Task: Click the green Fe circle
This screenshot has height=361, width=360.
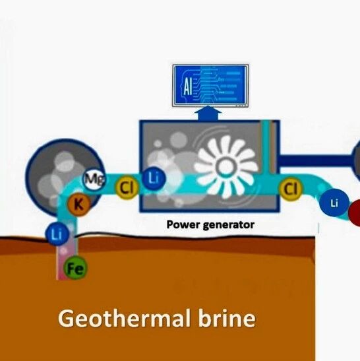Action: coord(75,268)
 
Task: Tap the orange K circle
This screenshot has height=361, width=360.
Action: coord(78,204)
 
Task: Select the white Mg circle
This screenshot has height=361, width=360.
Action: coord(94,178)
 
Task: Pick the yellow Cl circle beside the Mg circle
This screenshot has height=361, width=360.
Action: coord(127,187)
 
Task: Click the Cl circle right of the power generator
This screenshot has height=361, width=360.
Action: coord(291,189)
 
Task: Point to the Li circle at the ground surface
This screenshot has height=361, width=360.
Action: coord(57,234)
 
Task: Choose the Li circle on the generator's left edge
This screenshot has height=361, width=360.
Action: coord(154,178)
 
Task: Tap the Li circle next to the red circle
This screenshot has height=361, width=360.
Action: coord(334,203)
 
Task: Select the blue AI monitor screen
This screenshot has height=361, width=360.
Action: coord(210,85)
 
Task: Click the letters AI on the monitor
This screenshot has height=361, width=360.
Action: coord(187,87)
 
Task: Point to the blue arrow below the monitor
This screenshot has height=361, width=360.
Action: coord(208,113)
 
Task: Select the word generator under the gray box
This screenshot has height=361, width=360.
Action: coord(229,225)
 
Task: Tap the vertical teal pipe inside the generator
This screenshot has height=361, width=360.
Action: coord(266,147)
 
